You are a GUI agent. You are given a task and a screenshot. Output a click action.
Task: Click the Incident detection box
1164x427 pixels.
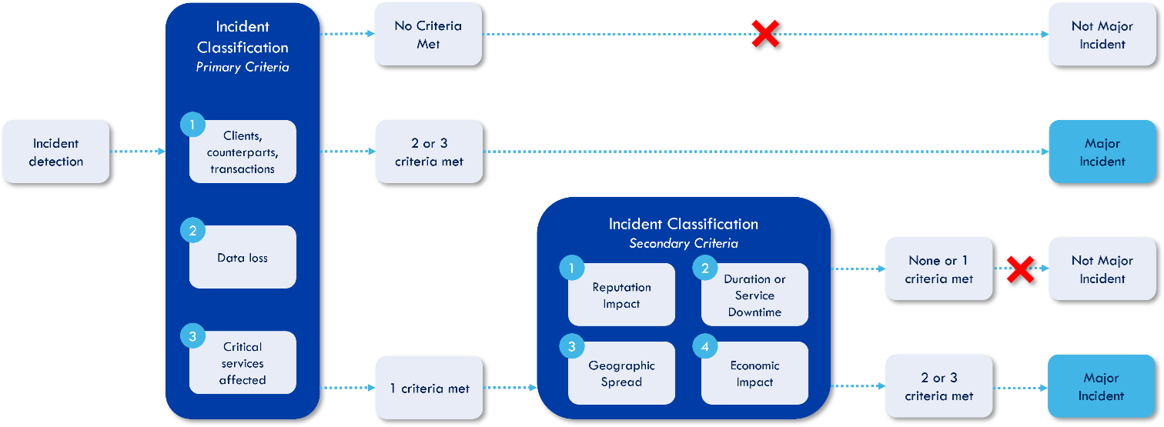click(55, 152)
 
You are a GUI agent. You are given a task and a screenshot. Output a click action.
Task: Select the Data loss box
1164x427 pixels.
click(242, 258)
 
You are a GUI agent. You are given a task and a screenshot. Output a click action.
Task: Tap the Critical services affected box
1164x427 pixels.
click(242, 363)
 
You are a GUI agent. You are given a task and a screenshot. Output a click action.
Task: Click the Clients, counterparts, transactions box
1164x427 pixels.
click(242, 152)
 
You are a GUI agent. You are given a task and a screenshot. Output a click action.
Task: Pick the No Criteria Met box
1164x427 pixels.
click(428, 35)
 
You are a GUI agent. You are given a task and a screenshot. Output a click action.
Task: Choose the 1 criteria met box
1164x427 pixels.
click(429, 389)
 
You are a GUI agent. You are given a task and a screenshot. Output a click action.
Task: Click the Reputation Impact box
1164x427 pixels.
click(621, 295)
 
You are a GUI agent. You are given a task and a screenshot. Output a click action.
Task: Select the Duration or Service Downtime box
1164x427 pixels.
click(754, 295)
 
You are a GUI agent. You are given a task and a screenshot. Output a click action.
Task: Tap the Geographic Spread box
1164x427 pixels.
click(621, 374)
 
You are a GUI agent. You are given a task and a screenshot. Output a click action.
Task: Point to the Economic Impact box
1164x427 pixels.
click(754, 374)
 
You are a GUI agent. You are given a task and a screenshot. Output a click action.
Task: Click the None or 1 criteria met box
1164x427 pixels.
click(938, 269)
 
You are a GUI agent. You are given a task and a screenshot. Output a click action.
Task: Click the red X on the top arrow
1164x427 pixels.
click(765, 34)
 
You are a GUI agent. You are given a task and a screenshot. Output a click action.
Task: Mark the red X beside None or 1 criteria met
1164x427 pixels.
click(1020, 269)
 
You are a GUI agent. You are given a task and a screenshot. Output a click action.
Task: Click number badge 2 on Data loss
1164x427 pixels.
click(192, 230)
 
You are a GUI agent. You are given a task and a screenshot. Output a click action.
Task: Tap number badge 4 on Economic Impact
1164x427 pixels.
click(704, 346)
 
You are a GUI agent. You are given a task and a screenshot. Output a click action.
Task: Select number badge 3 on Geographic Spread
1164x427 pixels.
click(571, 346)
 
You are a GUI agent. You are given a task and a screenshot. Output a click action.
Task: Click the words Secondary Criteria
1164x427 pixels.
click(684, 244)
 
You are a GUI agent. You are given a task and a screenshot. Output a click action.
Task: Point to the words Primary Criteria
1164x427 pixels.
click(242, 67)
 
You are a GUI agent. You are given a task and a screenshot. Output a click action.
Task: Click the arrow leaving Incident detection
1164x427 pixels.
click(137, 152)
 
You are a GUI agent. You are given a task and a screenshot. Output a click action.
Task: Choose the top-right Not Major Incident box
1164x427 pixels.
click(1102, 35)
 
